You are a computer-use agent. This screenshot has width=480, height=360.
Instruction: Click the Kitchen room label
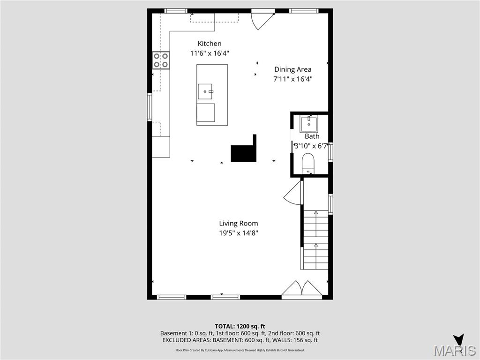(x=209, y=44)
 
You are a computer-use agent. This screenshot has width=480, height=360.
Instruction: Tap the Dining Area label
(x=293, y=69)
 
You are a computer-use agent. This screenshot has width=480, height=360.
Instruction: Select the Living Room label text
(x=238, y=224)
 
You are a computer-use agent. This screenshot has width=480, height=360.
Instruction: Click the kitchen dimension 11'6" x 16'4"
(x=209, y=53)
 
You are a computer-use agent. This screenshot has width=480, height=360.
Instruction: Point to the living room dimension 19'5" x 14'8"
(x=238, y=233)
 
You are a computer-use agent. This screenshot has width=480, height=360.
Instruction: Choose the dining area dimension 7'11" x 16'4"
(x=293, y=79)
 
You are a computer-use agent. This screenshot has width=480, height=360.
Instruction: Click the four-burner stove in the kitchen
(x=161, y=60)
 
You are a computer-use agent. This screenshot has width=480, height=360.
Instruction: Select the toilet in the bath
(x=308, y=164)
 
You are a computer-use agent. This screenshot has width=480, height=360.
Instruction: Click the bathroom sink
(x=309, y=124)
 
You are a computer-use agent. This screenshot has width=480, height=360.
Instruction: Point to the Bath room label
(x=312, y=136)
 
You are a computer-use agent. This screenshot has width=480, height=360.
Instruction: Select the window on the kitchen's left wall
(x=150, y=107)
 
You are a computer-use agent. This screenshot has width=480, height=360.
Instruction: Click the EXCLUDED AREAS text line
(x=240, y=340)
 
